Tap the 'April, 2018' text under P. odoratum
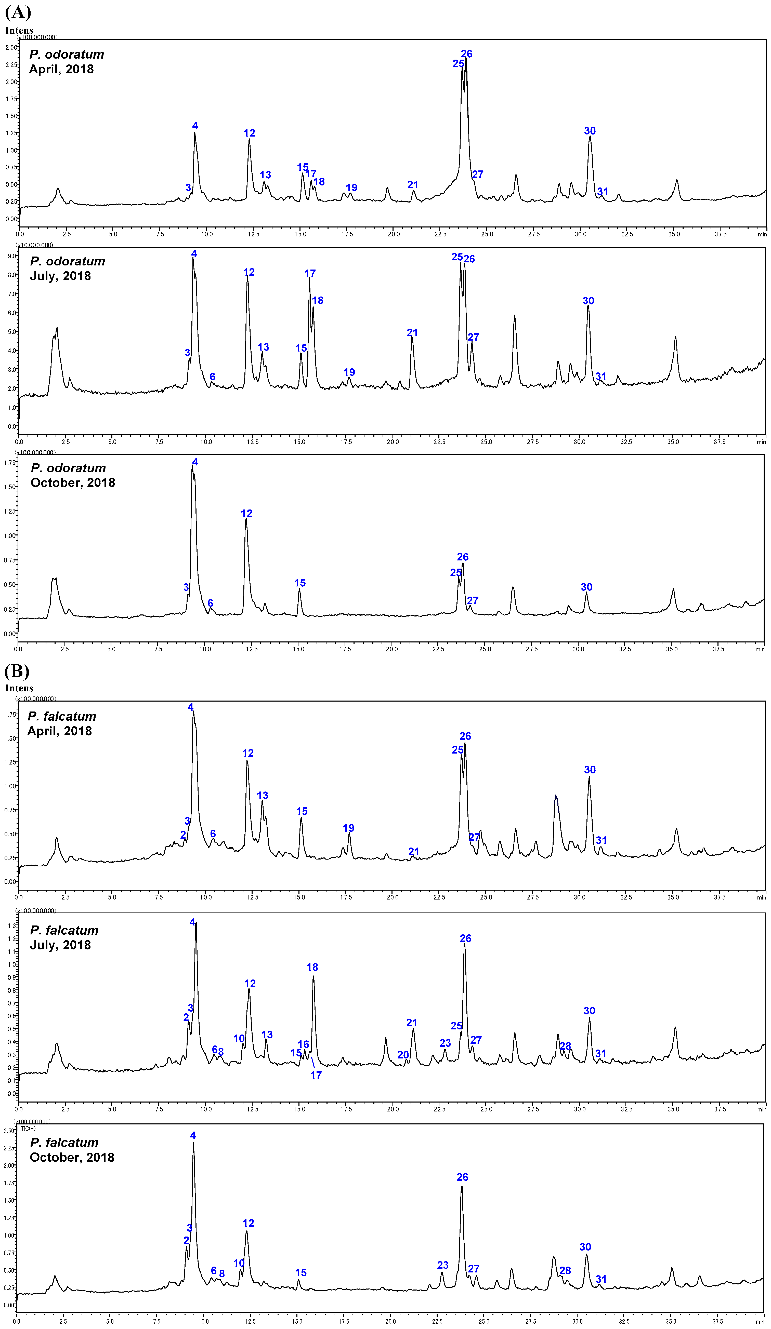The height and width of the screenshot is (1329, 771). coord(61,69)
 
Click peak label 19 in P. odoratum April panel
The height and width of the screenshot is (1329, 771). coord(351,188)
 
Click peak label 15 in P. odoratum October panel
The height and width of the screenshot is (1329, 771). coord(300,583)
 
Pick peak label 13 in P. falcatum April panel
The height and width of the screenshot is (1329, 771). coord(262,795)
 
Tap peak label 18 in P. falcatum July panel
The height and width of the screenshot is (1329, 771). coord(312,967)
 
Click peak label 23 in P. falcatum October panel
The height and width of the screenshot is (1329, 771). coord(443,1265)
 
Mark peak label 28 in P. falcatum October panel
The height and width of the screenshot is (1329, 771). coord(565,1270)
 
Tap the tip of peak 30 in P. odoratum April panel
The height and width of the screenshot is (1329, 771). coord(590,136)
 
